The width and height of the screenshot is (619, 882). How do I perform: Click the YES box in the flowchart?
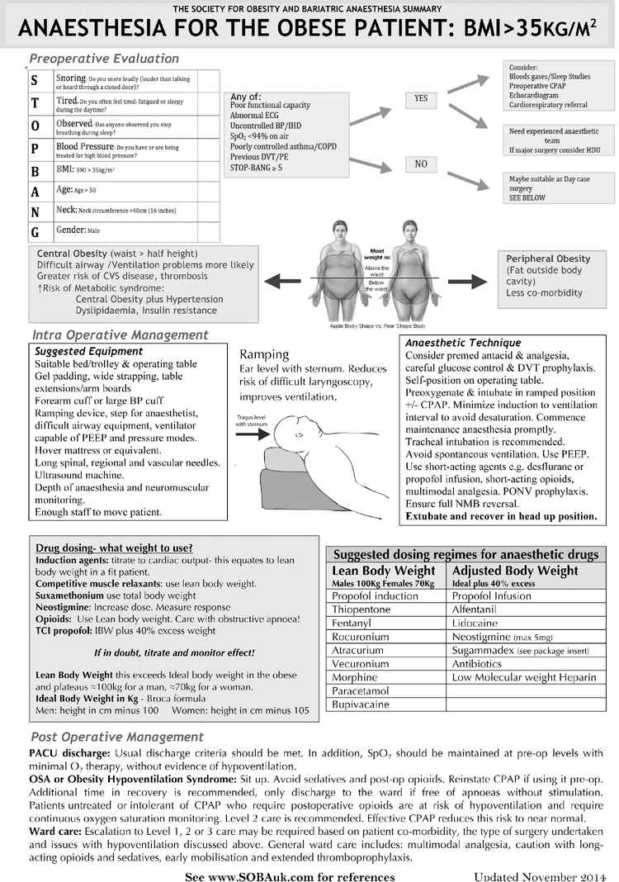pyautogui.click(x=421, y=99)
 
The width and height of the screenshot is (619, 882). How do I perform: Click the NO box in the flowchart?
pyautogui.click(x=421, y=164)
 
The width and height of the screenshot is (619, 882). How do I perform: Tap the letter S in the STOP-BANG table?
pyautogui.click(x=34, y=80)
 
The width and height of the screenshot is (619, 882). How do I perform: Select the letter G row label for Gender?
pyautogui.click(x=34, y=232)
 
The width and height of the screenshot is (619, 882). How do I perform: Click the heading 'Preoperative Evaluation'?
pyautogui.click(x=104, y=59)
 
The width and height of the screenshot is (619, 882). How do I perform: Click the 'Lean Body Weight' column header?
pyautogui.click(x=383, y=571)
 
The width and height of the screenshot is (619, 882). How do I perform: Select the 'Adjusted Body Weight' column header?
pyautogui.click(x=515, y=571)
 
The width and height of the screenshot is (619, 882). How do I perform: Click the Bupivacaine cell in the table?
pyautogui.click(x=359, y=705)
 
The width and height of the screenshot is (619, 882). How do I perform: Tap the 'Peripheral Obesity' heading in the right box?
pyautogui.click(x=548, y=258)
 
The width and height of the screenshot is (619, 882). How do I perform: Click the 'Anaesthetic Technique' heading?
pyautogui.click(x=463, y=343)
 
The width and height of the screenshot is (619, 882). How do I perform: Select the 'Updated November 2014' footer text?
pyautogui.click(x=537, y=875)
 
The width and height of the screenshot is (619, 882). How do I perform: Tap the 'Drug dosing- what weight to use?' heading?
pyautogui.click(x=115, y=548)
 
